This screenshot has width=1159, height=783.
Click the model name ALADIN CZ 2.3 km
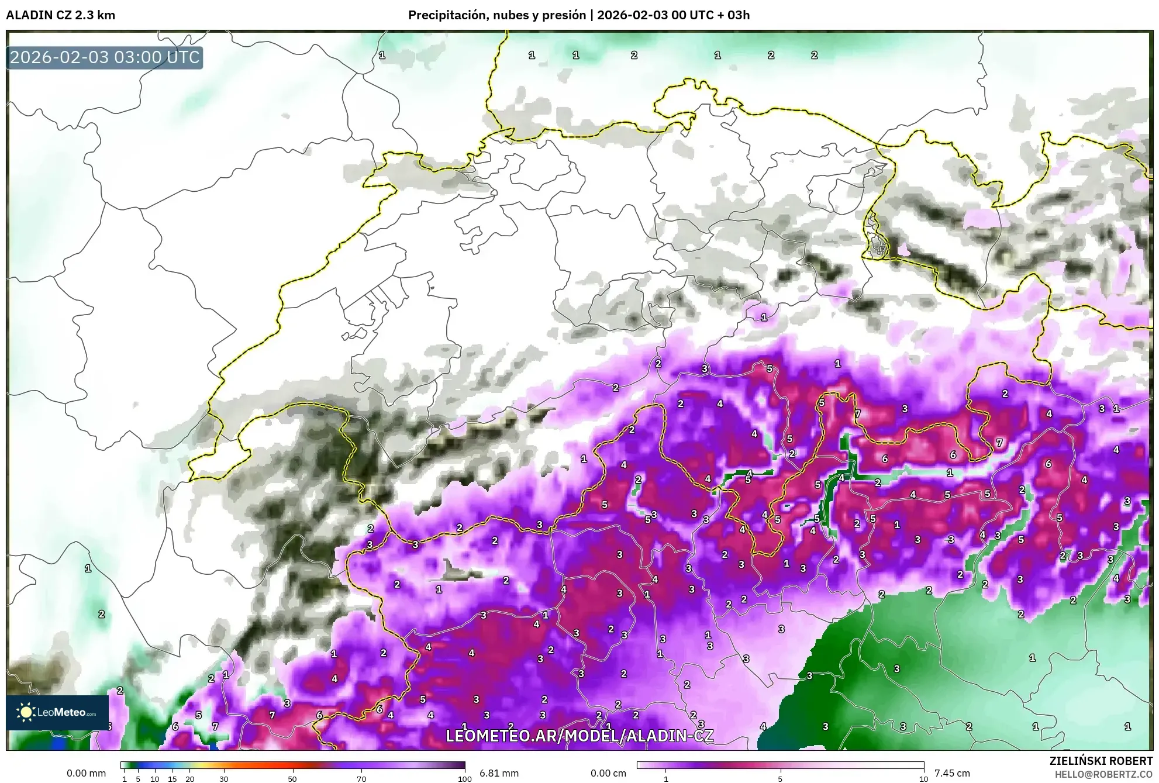click(60, 15)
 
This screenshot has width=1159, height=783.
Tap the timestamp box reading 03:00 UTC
click(105, 57)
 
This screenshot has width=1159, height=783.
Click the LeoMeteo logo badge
click(57, 712)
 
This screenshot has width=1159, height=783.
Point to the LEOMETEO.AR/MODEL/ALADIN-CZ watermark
click(579, 736)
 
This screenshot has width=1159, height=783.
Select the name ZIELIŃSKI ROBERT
click(1101, 761)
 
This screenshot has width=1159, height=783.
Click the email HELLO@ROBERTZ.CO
click(1103, 774)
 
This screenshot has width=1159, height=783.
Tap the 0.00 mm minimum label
click(86, 773)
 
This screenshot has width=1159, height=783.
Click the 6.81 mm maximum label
click(499, 773)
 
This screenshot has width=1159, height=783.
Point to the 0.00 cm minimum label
click(608, 773)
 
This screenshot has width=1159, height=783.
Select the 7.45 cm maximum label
click(952, 773)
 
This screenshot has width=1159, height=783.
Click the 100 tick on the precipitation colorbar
click(464, 779)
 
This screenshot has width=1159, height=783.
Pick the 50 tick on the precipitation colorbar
click(292, 779)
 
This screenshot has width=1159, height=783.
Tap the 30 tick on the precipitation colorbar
click(224, 779)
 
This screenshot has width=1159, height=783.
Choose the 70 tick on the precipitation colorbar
click(361, 779)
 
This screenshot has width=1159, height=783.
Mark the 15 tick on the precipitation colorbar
click(172, 779)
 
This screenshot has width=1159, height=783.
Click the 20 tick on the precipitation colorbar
click(189, 779)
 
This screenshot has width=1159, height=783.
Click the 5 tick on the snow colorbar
click(780, 779)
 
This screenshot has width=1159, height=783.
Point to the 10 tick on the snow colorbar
click(923, 779)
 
